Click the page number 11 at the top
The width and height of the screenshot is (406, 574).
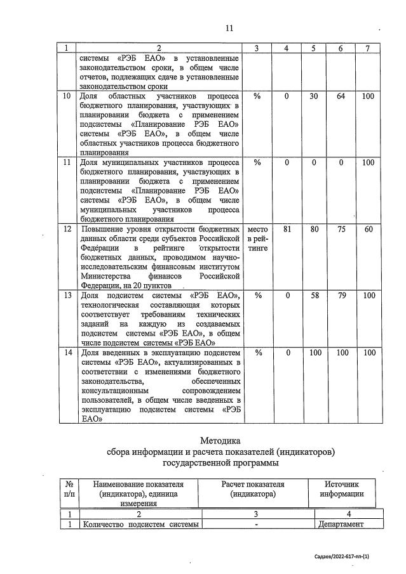click(229, 27)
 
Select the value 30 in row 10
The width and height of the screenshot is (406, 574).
click(313, 96)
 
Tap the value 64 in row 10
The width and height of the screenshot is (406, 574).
click(341, 96)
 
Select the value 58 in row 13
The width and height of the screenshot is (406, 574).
click(313, 296)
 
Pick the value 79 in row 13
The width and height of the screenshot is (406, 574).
click(341, 296)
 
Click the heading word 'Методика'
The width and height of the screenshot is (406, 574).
click(220, 440)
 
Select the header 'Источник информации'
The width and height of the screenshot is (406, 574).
click(342, 489)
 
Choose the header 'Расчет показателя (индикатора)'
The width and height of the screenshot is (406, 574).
click(252, 489)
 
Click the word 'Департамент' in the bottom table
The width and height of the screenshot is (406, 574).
click(342, 524)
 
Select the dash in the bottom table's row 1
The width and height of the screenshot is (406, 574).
click(255, 524)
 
